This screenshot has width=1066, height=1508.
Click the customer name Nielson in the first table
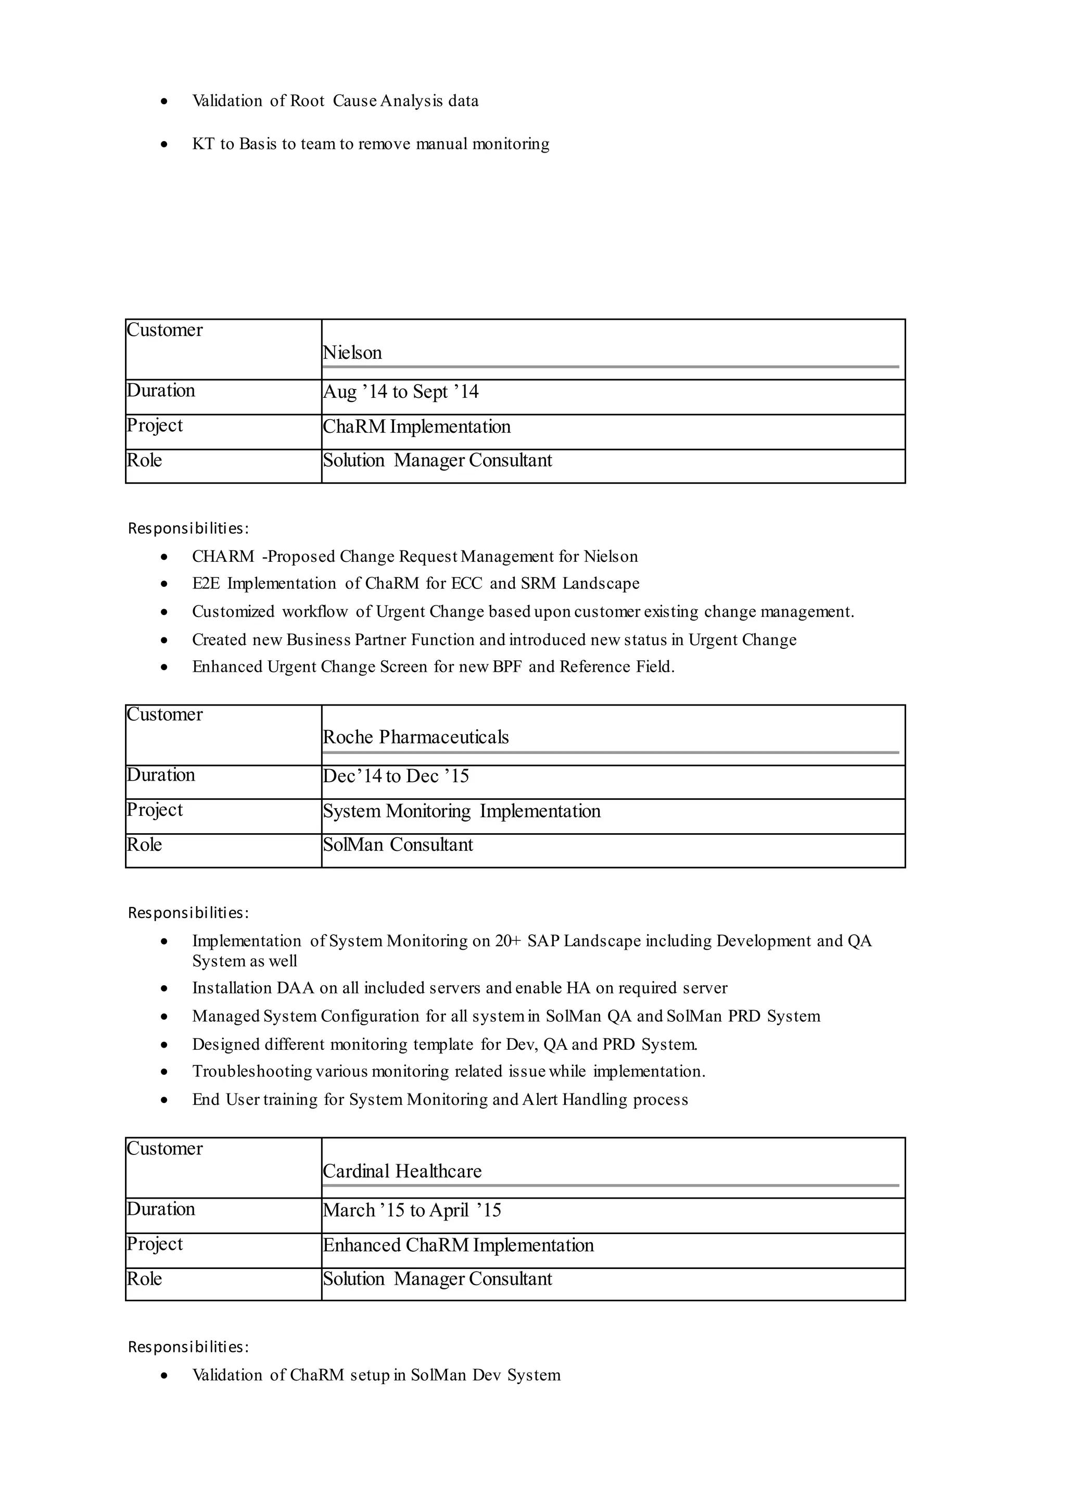[x=352, y=353]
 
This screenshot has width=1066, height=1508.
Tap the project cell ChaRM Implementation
[x=416, y=427]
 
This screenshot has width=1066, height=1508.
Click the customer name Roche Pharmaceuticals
[x=415, y=737]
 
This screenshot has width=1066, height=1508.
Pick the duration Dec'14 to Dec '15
[x=395, y=776]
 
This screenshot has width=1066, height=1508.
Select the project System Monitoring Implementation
[x=462, y=811]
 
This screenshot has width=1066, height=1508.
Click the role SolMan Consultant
[x=397, y=845]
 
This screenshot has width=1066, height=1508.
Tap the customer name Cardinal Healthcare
[x=402, y=1171]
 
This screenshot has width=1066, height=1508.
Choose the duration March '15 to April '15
[x=412, y=1211]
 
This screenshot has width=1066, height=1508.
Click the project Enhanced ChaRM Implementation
[x=458, y=1245]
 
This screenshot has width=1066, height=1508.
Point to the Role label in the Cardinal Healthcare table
[x=144, y=1279]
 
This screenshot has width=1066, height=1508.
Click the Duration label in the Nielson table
[x=161, y=391]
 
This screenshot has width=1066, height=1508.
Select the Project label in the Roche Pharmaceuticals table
[x=155, y=810]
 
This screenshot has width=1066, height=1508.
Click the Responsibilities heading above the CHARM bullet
[x=188, y=528]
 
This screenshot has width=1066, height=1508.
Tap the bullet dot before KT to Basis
[x=164, y=144]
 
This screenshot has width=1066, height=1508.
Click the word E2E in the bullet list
[x=206, y=584]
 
